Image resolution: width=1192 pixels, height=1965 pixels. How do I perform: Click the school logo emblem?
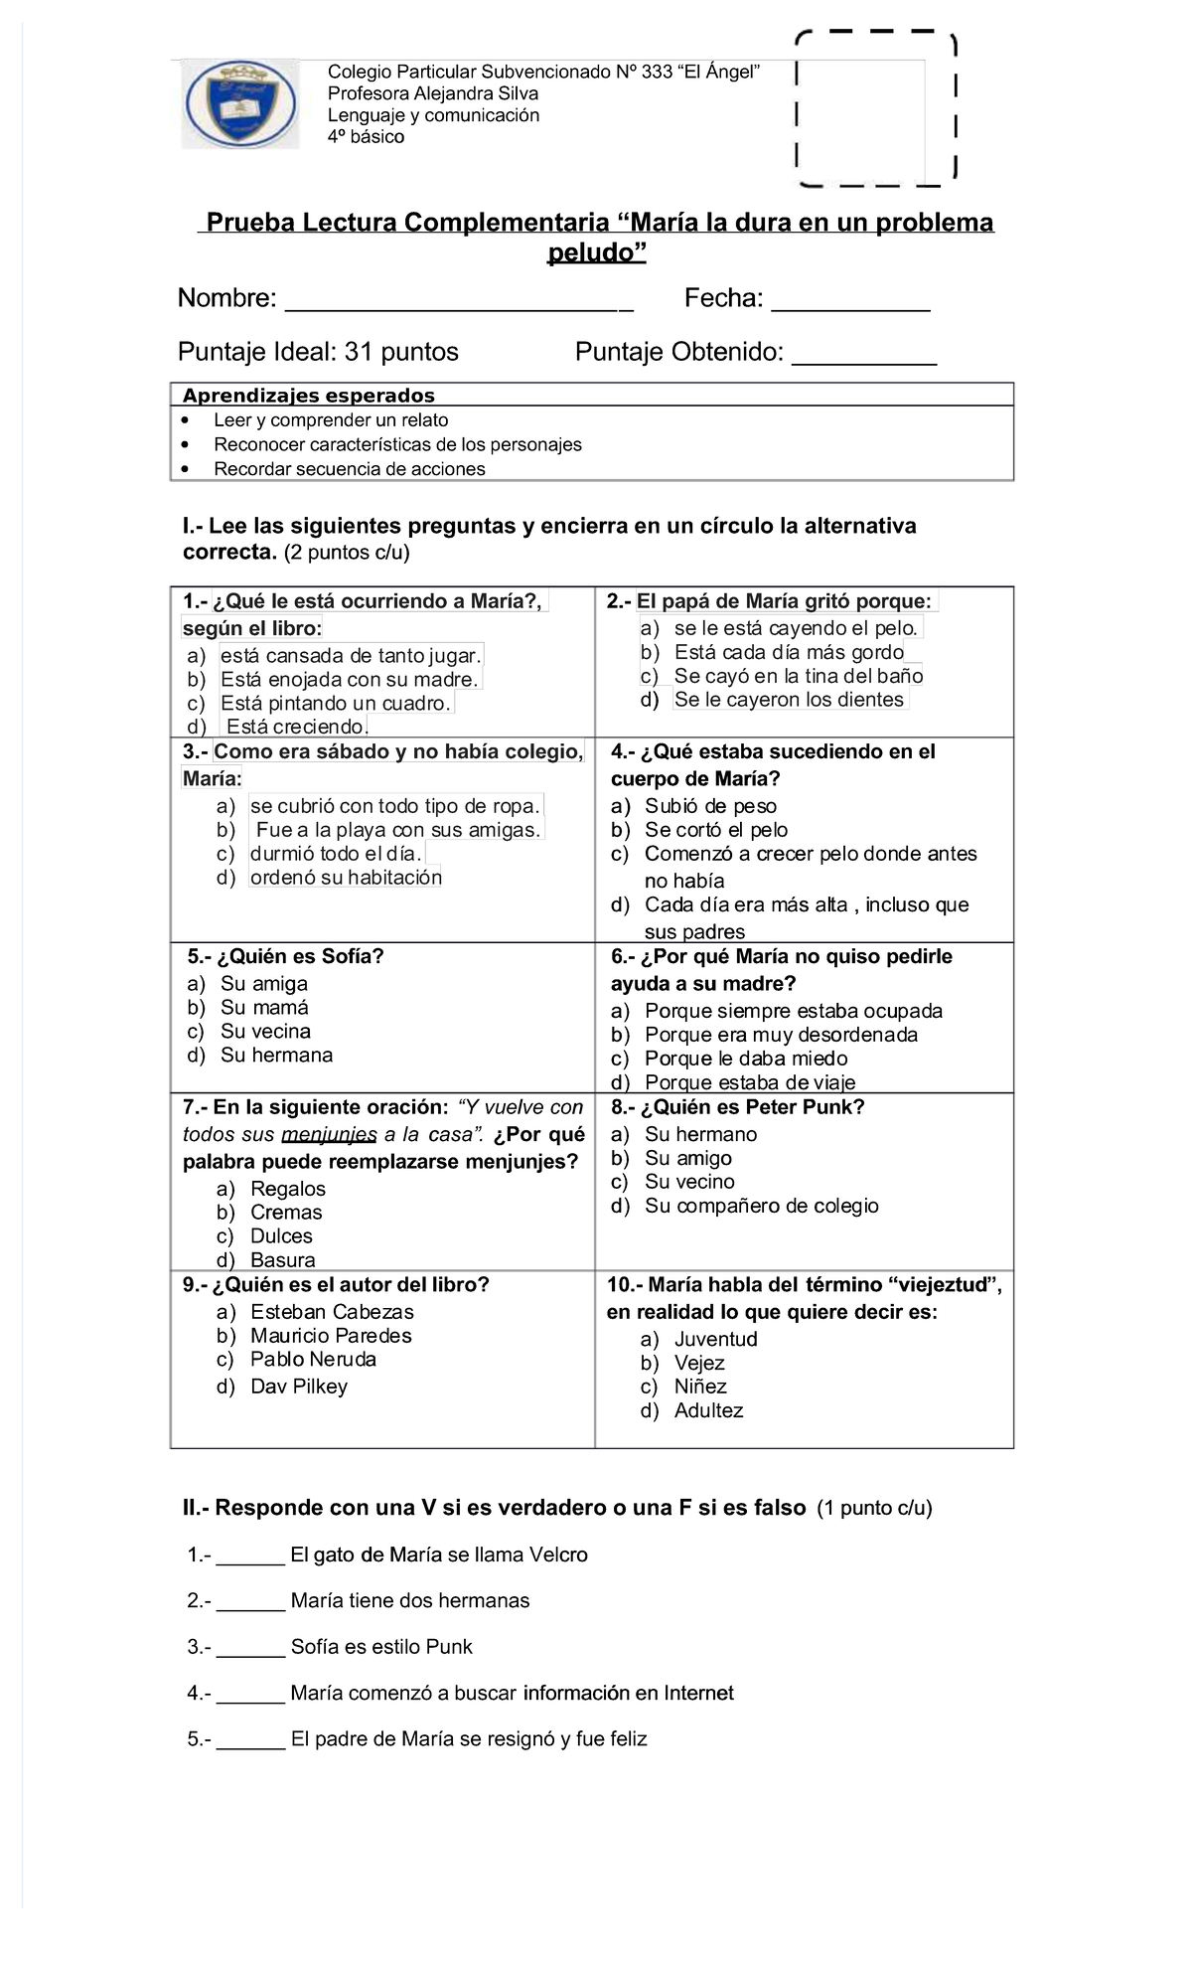tap(240, 104)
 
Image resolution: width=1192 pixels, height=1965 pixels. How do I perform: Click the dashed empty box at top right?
tap(875, 109)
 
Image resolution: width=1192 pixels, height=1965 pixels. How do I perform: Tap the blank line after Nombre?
tap(458, 301)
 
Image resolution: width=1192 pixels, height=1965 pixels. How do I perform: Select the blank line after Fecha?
tap(850, 301)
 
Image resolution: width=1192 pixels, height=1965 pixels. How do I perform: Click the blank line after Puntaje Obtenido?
tap(863, 355)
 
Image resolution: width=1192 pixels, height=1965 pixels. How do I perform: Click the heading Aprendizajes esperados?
tap(309, 396)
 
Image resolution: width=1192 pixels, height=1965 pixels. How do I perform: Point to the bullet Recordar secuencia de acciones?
tap(350, 469)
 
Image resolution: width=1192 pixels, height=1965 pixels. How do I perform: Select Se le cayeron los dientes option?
tap(789, 700)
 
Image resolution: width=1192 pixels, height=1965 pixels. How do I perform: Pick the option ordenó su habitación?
tap(346, 878)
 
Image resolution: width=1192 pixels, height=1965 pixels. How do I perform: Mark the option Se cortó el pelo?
tap(715, 830)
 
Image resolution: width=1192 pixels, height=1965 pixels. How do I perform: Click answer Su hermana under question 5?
tap(276, 1056)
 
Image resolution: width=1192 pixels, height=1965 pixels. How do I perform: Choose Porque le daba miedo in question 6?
tap(746, 1059)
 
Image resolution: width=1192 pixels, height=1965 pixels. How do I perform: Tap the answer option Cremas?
tap(286, 1213)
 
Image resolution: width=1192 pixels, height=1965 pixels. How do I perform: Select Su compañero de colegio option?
tap(761, 1206)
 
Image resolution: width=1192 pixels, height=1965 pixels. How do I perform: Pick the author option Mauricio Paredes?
tap(331, 1336)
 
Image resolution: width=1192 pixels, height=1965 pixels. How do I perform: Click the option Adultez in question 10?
tap(708, 1410)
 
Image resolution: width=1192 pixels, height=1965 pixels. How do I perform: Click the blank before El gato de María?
tap(250, 1556)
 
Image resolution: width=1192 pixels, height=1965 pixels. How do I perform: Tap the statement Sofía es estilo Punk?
tap(381, 1647)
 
